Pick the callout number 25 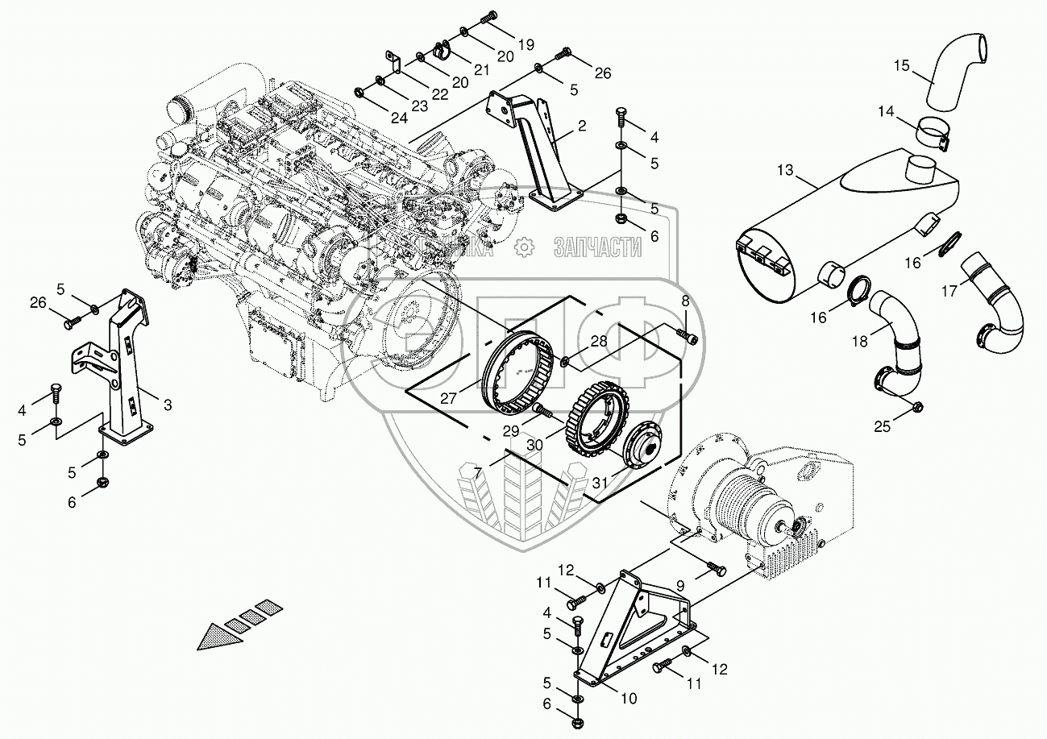pyautogui.click(x=883, y=426)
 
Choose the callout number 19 pyautogui.click(x=526, y=44)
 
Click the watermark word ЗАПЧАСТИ pyautogui.click(x=597, y=247)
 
